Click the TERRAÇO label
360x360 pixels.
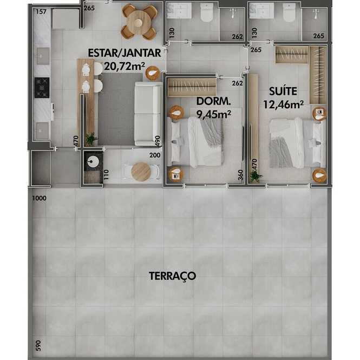tap(173, 276)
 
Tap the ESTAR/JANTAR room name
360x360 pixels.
tap(125, 53)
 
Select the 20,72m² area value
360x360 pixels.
tap(125, 67)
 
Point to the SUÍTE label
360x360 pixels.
tap(283, 91)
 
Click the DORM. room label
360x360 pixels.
tap(213, 101)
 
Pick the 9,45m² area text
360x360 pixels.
tap(213, 114)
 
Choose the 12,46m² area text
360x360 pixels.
tap(283, 104)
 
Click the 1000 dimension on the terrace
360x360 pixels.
tap(40, 198)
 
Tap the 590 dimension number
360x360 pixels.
tap(38, 345)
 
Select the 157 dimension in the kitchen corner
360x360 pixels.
tap(41, 11)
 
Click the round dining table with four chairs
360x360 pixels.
tap(139, 22)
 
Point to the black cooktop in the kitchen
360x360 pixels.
tap(42, 88)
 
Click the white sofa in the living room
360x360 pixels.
tap(148, 114)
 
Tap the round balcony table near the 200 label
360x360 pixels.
tap(141, 172)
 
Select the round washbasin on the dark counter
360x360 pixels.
tap(93, 162)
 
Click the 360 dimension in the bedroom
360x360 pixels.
tap(240, 175)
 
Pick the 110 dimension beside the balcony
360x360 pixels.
tap(106, 175)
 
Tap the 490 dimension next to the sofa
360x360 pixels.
tap(158, 141)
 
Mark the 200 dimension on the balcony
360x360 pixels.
tap(155, 155)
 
